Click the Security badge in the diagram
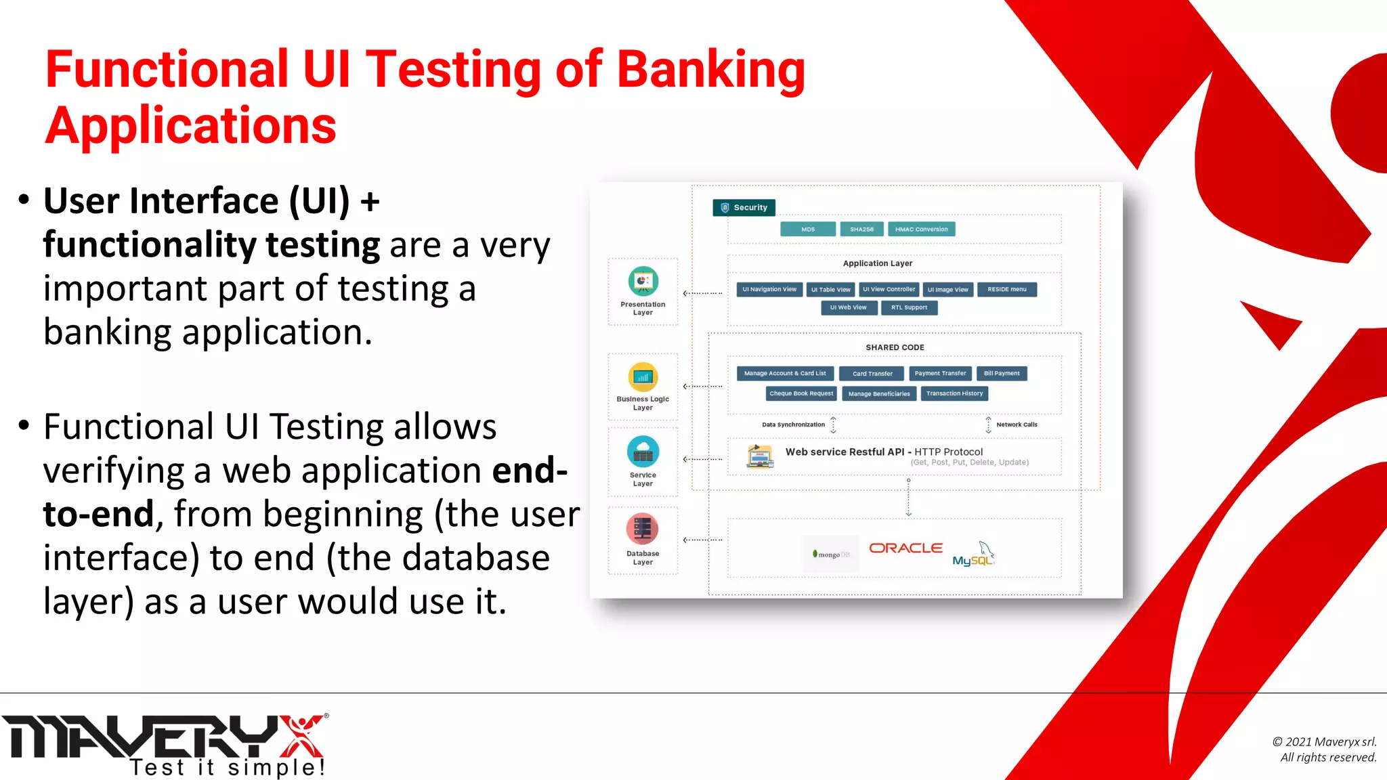click(x=744, y=208)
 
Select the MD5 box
click(x=808, y=230)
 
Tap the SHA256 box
click(x=861, y=230)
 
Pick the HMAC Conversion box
click(x=921, y=230)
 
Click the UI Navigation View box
click(x=769, y=290)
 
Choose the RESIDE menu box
click(x=1006, y=290)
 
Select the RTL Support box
click(x=909, y=308)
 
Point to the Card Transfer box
click(x=872, y=374)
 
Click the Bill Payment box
click(x=1001, y=374)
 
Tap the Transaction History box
click(x=954, y=394)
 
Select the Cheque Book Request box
click(x=801, y=394)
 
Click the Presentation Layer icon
click(x=643, y=281)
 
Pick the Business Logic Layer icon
click(x=643, y=377)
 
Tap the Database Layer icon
click(x=643, y=529)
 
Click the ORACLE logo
click(x=905, y=548)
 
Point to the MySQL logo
click(x=973, y=555)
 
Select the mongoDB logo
click(x=831, y=555)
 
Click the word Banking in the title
click(x=711, y=70)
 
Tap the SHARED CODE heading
click(x=895, y=348)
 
